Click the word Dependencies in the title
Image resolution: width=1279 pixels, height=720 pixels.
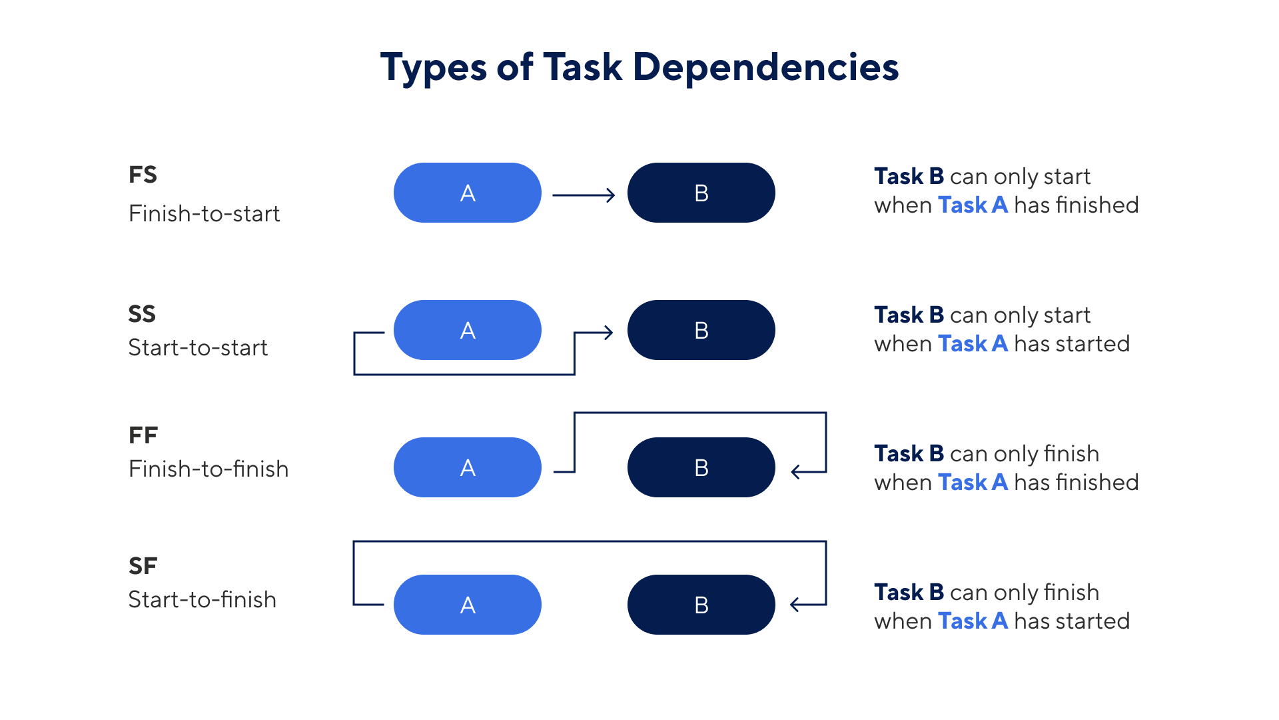(x=765, y=67)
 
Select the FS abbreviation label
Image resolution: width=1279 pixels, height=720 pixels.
(x=143, y=175)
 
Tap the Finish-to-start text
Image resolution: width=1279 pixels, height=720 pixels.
(x=204, y=214)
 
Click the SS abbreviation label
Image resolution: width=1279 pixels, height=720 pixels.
(x=142, y=314)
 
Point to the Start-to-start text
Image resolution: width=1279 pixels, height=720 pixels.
(x=198, y=348)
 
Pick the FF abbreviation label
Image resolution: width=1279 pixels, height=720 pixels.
(x=143, y=435)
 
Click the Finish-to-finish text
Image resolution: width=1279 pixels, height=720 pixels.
(x=209, y=469)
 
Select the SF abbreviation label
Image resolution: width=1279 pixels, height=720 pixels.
(x=143, y=566)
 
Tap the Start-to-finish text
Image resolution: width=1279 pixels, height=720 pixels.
(x=202, y=600)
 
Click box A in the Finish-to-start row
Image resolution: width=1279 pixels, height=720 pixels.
(x=468, y=193)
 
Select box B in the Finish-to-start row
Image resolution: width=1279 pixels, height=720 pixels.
(x=701, y=193)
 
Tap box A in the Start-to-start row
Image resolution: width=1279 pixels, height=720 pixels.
(x=468, y=331)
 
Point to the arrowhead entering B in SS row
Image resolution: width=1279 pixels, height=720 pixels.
(x=608, y=332)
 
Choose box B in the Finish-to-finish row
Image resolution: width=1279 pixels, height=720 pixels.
(x=701, y=468)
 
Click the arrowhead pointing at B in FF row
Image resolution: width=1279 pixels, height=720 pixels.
(x=795, y=472)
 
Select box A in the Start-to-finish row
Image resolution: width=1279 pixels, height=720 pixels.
(x=468, y=605)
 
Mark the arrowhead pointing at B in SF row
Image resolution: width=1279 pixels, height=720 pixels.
(x=795, y=605)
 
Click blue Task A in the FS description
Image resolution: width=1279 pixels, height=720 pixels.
(x=973, y=205)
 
